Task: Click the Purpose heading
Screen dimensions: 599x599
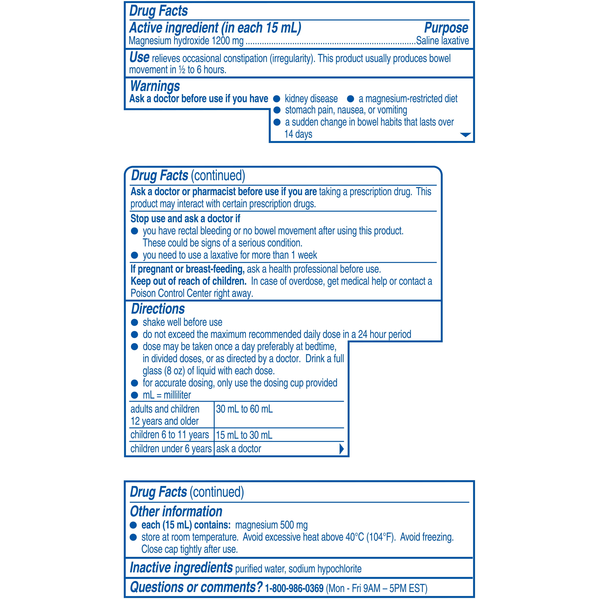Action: point(446,28)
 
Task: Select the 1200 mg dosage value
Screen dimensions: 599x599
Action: point(228,41)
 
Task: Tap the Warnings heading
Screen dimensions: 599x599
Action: point(155,86)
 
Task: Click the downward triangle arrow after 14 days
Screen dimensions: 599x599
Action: point(465,135)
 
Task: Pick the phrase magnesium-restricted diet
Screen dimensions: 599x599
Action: point(408,99)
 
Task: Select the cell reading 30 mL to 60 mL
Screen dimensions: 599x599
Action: point(244,409)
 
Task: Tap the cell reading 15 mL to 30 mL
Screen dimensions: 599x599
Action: point(244,435)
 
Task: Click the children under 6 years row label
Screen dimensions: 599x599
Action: point(171,449)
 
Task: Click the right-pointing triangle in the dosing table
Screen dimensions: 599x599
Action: point(341,449)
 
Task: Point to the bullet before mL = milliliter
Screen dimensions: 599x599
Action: point(134,395)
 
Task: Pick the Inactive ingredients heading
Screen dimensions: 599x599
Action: point(181,567)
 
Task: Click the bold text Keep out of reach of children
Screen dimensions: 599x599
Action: point(188,281)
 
